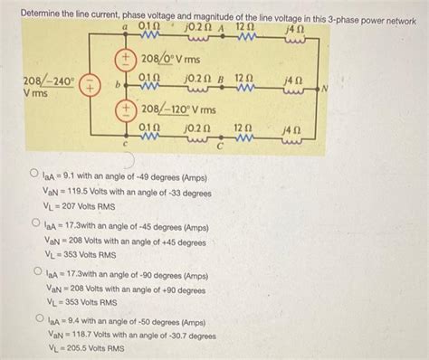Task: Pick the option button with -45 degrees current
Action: (33, 222)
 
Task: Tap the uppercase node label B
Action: (219, 80)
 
